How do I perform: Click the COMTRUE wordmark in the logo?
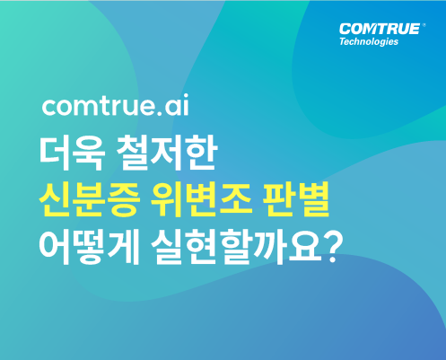point(380,29)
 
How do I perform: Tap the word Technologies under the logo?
point(369,41)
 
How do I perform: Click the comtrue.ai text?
point(116,105)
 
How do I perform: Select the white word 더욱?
point(73,154)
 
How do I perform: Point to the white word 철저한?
point(166,154)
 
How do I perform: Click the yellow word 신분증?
point(90,199)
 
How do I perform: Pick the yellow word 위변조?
point(201,199)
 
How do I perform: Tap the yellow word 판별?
point(296,199)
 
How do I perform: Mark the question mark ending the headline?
point(332,248)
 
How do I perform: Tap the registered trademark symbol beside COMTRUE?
point(424,25)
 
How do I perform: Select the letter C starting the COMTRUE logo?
point(345,30)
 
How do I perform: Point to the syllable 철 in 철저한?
point(132,154)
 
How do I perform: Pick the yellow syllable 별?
point(314,199)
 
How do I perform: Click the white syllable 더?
point(56,154)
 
